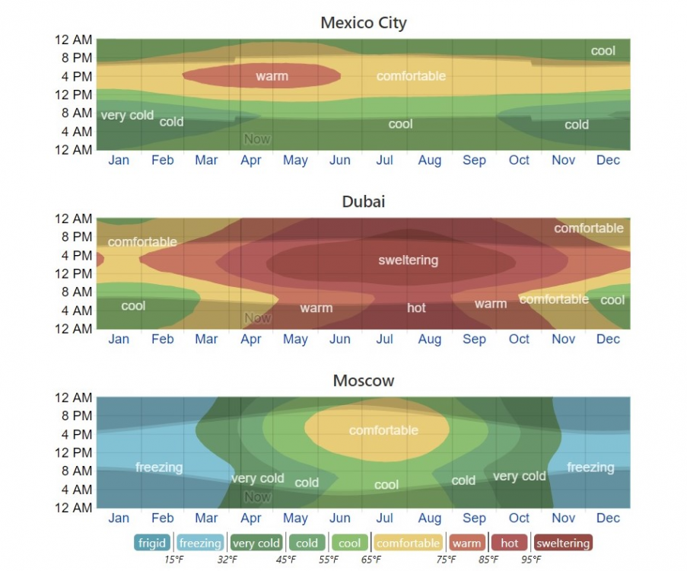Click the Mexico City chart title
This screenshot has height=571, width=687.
click(x=364, y=23)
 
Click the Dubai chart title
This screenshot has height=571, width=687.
click(x=364, y=202)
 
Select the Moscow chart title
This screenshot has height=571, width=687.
click(x=364, y=381)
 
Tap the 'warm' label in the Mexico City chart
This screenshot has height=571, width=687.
click(x=272, y=76)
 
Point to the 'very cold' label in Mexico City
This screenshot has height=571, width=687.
click(x=127, y=116)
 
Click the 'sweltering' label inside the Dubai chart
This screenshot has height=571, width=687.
click(x=409, y=260)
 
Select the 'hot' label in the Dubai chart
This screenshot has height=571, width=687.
click(x=416, y=308)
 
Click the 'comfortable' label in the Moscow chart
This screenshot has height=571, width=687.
click(x=383, y=430)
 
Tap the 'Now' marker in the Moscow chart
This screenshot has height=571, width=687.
click(x=257, y=497)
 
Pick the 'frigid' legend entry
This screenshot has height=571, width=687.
click(x=152, y=543)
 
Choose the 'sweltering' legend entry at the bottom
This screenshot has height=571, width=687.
click(x=562, y=543)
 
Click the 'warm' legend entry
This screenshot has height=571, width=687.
click(x=466, y=543)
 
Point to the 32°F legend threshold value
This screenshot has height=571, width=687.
click(x=227, y=560)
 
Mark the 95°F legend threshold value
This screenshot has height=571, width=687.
click(x=531, y=560)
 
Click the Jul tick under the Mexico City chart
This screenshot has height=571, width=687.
click(x=384, y=161)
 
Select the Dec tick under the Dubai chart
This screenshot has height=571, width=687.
click(x=608, y=340)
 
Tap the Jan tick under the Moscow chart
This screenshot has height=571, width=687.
click(x=119, y=518)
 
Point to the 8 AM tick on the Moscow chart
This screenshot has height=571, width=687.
click(x=77, y=471)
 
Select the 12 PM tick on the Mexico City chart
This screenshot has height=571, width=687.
click(x=74, y=94)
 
